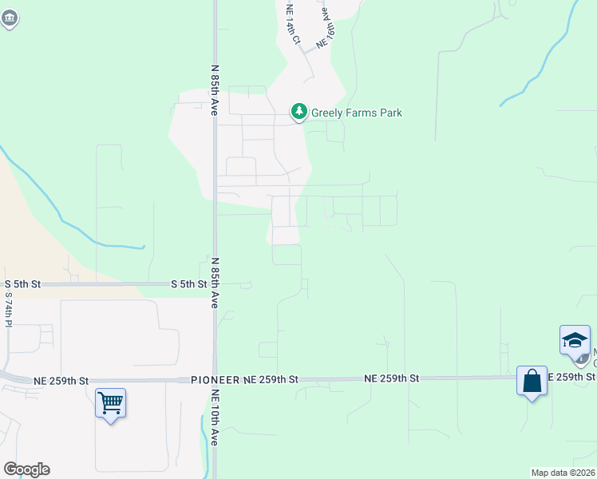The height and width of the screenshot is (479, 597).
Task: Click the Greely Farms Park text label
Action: pyautogui.click(x=357, y=113)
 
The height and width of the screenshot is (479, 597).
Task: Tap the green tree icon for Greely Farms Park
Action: pyautogui.click(x=298, y=112)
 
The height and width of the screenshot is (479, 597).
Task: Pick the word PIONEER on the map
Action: pyautogui.click(x=215, y=381)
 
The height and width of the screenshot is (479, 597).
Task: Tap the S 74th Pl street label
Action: pyautogui.click(x=9, y=311)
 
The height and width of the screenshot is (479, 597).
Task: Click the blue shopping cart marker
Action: pyautogui.click(x=110, y=402)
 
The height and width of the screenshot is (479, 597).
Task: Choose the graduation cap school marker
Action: pyautogui.click(x=575, y=341)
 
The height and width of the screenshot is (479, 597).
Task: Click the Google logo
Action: pyautogui.click(x=26, y=469)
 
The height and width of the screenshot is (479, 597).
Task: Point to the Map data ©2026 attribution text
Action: pyautogui.click(x=563, y=473)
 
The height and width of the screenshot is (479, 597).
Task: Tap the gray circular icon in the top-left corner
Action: pyautogui.click(x=9, y=20)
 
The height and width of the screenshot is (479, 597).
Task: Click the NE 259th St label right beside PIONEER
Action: pyautogui.click(x=271, y=381)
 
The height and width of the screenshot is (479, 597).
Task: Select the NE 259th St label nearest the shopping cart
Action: pyautogui.click(x=61, y=381)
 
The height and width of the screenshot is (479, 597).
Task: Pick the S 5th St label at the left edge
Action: pyautogui.click(x=22, y=284)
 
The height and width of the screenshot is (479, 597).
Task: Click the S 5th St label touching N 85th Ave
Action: pyautogui.click(x=188, y=284)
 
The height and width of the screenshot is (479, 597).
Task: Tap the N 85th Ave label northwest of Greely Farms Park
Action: pyautogui.click(x=215, y=89)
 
